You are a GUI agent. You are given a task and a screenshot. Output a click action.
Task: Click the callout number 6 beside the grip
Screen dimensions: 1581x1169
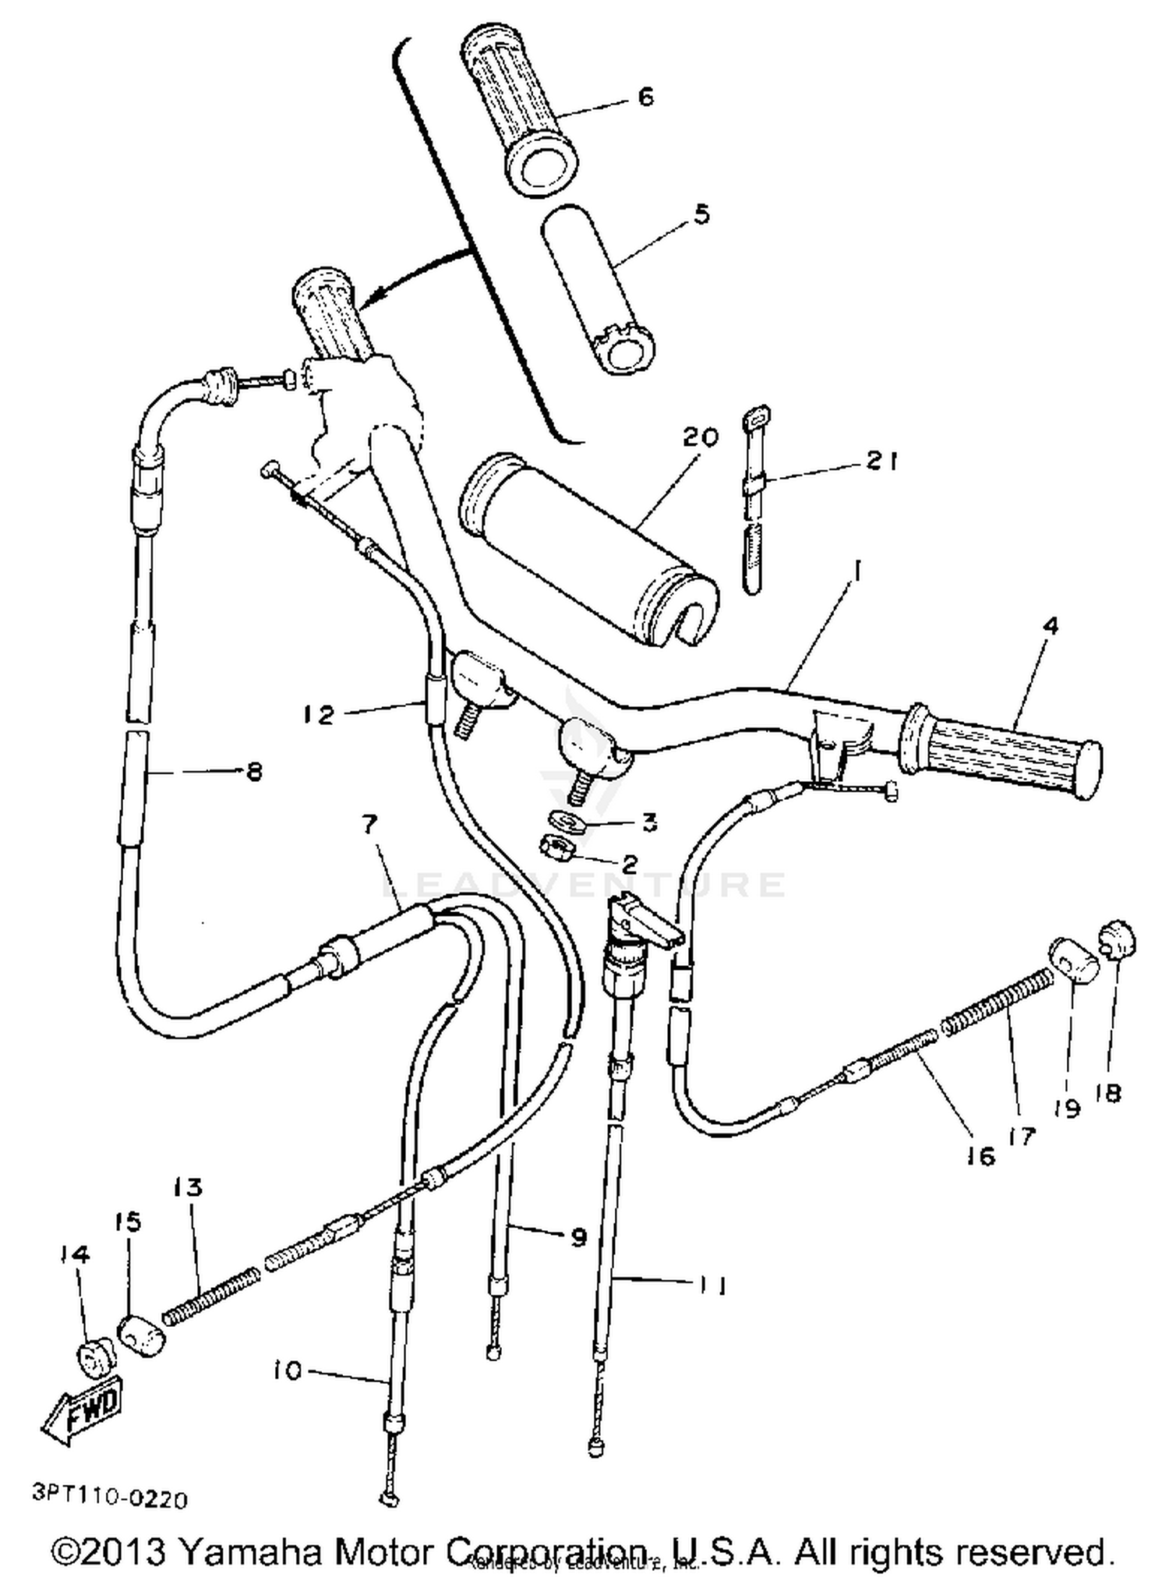coord(646,97)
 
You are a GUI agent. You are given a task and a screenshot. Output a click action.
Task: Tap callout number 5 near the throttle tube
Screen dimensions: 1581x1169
coord(702,214)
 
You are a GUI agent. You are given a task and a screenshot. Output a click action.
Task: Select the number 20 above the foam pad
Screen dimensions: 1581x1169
coord(700,437)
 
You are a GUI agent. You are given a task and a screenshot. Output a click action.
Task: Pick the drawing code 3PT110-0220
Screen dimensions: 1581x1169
coord(110,1498)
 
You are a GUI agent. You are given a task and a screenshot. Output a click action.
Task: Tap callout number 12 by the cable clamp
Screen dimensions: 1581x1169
coord(320,714)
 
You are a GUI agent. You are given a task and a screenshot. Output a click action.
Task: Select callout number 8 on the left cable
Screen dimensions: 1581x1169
coord(254,772)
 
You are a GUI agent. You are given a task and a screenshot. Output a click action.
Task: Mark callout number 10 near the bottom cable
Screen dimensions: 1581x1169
coord(288,1370)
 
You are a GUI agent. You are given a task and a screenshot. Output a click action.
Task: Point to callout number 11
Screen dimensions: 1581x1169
coord(712,1285)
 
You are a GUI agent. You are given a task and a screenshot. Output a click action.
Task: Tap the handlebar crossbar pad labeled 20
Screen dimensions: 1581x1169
coord(588,550)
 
